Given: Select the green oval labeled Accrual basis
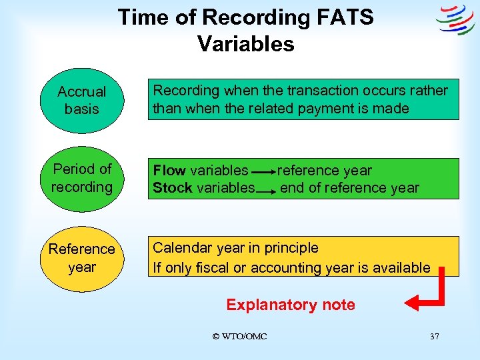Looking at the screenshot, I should (81, 101).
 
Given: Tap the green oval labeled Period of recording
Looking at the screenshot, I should (81, 178).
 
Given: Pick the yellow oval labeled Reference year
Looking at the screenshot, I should (81, 258).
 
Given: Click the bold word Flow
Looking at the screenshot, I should (169, 171).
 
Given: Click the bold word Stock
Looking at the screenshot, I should (173, 188).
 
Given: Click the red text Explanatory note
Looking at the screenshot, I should (290, 305).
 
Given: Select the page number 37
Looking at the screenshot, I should (434, 337).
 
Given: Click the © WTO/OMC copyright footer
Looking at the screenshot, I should (239, 337).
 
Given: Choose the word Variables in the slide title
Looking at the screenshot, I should (245, 44).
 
